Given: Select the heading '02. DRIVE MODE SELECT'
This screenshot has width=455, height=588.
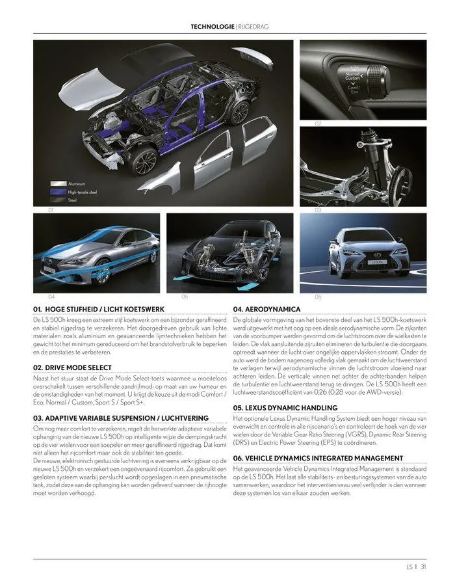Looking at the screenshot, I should click(x=75, y=367).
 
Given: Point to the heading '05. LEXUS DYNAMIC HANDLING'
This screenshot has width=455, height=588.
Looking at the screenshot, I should click(x=285, y=408).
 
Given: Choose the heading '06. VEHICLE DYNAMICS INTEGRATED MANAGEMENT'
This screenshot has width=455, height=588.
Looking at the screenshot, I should click(x=318, y=459).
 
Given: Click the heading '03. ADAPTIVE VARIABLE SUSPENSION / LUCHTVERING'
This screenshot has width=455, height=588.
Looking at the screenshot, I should click(x=120, y=418).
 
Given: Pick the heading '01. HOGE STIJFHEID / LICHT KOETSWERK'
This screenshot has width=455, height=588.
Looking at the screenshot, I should click(x=99, y=309).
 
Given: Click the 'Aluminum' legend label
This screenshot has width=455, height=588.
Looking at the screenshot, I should click(x=77, y=184).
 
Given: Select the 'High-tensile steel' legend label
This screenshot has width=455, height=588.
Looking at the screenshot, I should click(x=83, y=193).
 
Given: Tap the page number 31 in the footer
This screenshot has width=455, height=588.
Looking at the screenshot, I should click(x=422, y=567).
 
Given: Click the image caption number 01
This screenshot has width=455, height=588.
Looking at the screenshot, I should click(x=50, y=211).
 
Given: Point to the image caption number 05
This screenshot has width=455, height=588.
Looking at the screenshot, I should click(x=185, y=297).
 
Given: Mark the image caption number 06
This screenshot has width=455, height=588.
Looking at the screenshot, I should click(x=318, y=297).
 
